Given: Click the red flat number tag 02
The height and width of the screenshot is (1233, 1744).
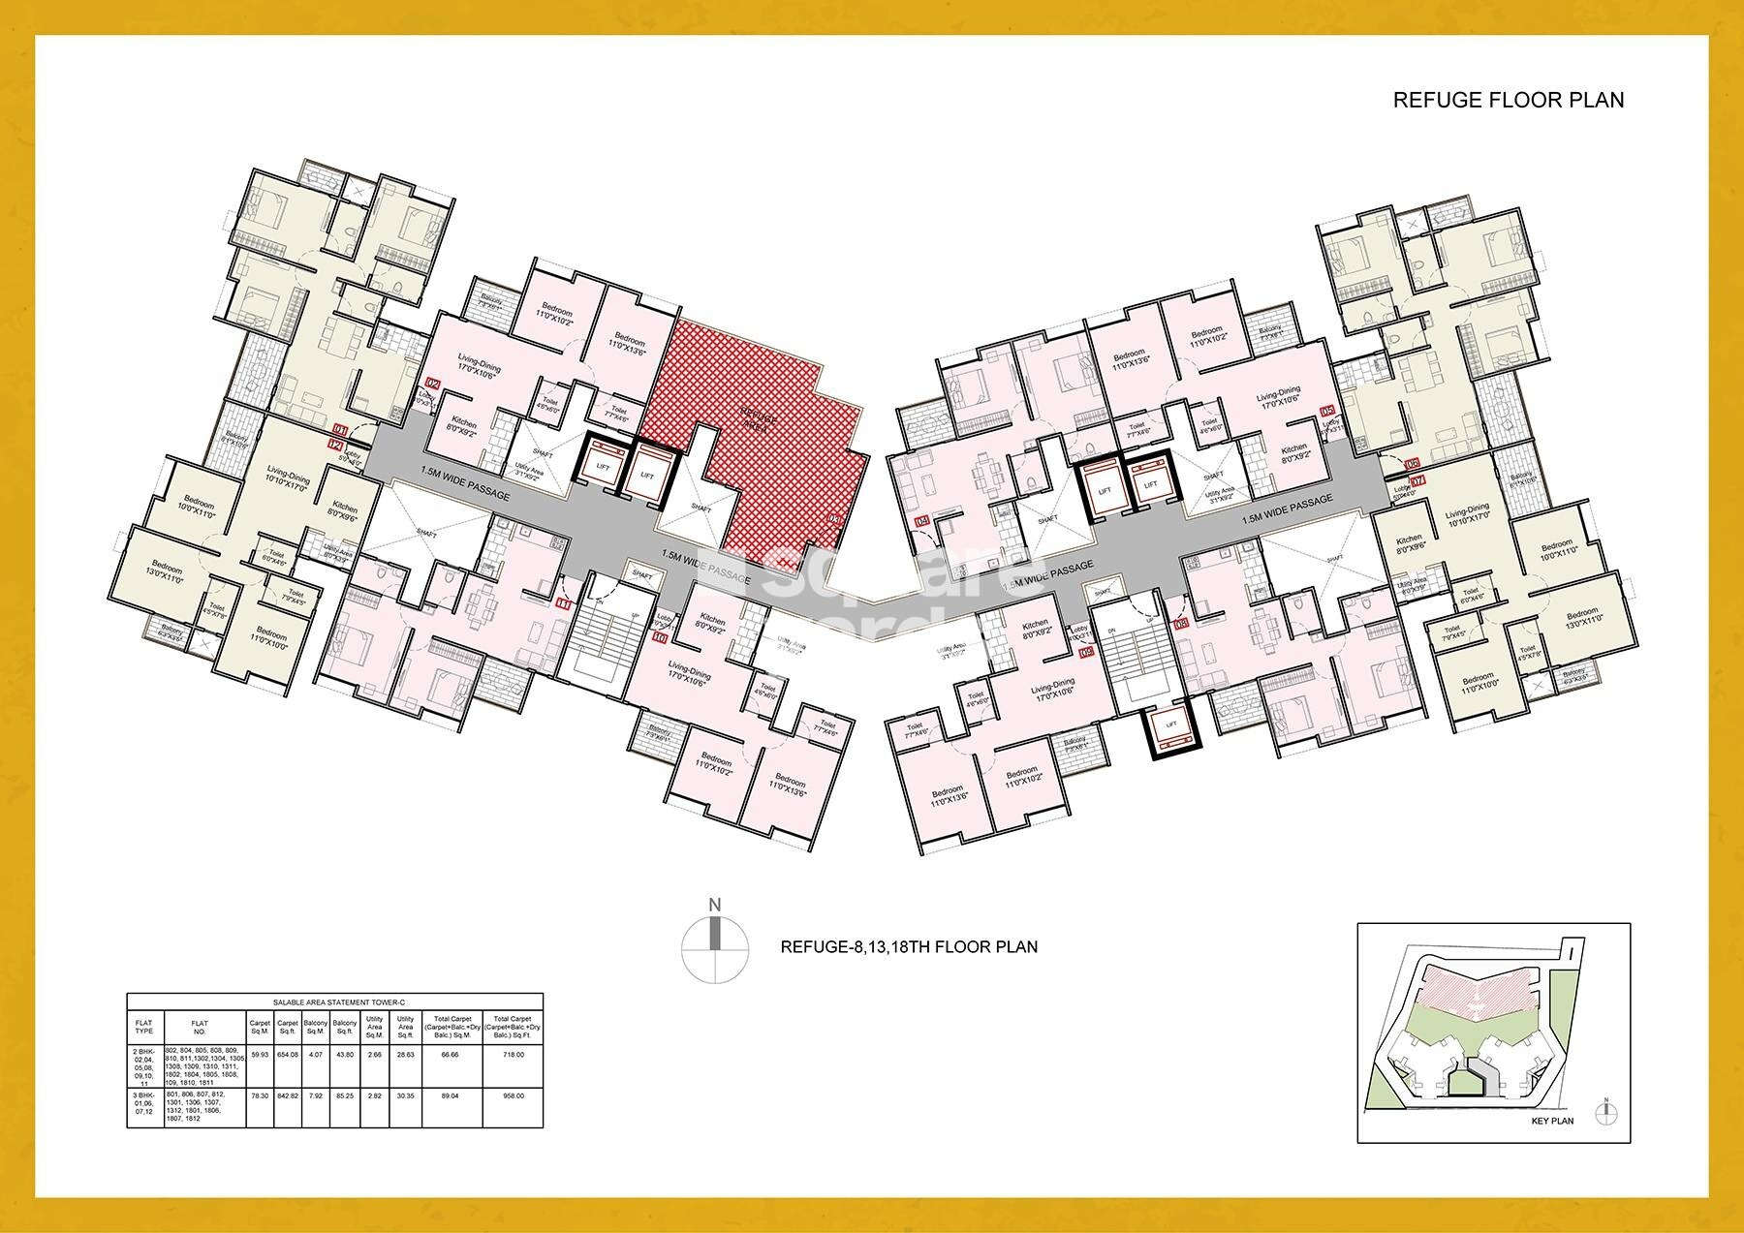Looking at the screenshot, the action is (433, 385).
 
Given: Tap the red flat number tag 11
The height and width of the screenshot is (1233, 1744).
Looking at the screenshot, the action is (564, 603).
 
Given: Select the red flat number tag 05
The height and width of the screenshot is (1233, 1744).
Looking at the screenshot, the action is (1326, 411).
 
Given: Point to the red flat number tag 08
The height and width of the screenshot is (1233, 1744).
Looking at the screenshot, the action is (1181, 625).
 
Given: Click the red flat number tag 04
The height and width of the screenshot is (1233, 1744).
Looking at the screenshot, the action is (921, 521).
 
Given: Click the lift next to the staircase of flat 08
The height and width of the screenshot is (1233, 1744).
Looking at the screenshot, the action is (1170, 724).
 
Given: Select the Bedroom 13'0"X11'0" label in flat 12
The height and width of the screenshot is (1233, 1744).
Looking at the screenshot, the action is (166, 569).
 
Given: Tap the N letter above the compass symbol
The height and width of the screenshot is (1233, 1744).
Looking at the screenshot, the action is (715, 905).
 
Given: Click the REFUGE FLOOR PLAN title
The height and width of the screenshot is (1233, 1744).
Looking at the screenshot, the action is (1508, 100).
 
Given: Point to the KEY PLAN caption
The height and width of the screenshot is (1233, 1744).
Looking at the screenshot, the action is (1552, 1121).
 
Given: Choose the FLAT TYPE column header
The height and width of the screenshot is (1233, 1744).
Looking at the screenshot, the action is (144, 1025).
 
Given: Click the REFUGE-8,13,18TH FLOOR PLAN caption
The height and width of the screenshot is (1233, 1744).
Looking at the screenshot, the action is (909, 946).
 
